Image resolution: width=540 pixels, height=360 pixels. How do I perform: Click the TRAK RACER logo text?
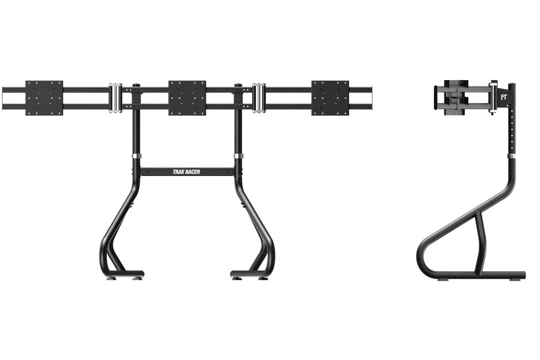click(x=186, y=172)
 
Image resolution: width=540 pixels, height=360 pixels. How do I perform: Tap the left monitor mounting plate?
click(x=44, y=98)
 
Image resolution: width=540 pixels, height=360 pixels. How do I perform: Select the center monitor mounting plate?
click(x=187, y=98)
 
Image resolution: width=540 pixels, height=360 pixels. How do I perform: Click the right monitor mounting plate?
click(x=330, y=98)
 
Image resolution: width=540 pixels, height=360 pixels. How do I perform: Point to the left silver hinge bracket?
click(x=115, y=98)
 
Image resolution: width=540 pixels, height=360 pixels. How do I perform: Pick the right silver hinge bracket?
click(x=259, y=98)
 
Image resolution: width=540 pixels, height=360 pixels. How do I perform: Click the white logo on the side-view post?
click(x=503, y=97)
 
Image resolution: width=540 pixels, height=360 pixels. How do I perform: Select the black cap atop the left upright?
click(x=136, y=84)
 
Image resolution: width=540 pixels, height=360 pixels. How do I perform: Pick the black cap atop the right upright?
click(x=238, y=84)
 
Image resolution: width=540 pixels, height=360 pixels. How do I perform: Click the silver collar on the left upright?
click(x=136, y=156)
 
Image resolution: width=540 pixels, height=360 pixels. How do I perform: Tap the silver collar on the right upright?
click(x=238, y=156)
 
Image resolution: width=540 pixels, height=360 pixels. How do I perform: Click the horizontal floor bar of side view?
click(x=482, y=274)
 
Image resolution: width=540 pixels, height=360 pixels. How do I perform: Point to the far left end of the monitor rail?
click(x=3, y=98)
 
